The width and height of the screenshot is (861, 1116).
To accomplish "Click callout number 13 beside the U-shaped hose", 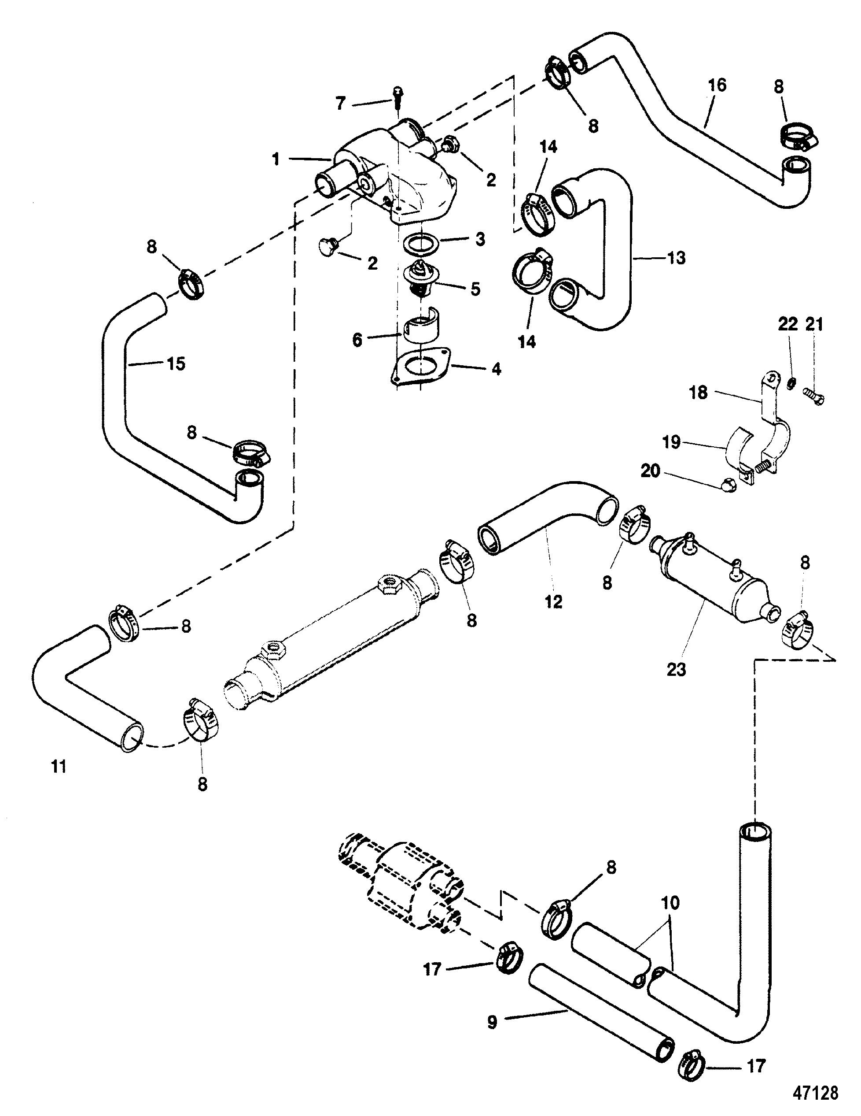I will point(677,258).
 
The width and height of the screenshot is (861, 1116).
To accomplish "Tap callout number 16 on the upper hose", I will point(717,85).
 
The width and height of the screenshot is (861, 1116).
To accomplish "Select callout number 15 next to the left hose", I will point(176,364).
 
